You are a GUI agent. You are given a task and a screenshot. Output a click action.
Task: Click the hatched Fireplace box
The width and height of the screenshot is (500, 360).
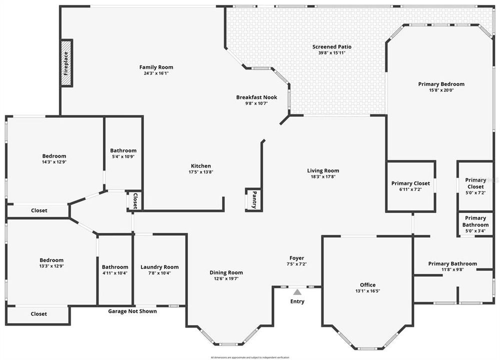(66, 63)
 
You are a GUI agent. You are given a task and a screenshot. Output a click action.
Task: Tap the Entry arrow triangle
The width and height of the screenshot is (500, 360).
(297, 291)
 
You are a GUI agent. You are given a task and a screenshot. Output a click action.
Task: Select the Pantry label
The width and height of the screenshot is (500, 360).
(254, 199)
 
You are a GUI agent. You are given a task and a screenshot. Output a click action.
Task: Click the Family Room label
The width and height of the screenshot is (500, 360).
(156, 67)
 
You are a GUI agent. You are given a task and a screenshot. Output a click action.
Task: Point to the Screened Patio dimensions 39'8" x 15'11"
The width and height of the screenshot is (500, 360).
(331, 53)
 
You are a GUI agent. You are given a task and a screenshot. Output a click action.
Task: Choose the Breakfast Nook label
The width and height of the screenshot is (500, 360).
(256, 97)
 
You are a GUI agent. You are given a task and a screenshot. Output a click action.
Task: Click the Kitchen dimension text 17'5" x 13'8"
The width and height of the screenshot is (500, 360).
(200, 172)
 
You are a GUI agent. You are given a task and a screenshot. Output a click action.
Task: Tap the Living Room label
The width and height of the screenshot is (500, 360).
(323, 170)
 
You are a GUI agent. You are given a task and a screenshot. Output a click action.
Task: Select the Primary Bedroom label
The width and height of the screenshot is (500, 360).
(441, 84)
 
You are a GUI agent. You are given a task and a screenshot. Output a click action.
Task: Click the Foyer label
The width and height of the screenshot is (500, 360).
(296, 258)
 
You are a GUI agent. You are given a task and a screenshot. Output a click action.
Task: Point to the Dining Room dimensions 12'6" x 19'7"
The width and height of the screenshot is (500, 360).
(226, 278)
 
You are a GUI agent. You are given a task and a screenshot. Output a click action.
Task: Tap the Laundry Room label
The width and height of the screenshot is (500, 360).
(159, 267)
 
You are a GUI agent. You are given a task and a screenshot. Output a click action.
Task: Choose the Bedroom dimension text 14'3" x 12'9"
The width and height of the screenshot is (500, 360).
(54, 162)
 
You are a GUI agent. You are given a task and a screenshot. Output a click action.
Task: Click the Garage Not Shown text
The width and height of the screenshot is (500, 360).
(132, 311)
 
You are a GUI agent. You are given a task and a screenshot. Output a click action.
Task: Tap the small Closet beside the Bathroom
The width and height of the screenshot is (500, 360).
(134, 200)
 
